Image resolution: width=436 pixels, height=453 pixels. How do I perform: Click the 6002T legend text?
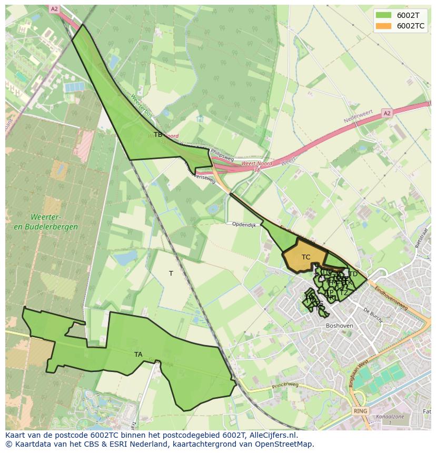click(x=408, y=15)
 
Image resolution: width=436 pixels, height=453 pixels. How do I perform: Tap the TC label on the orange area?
click(x=306, y=257)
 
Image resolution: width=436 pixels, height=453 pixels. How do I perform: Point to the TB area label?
click(x=158, y=135)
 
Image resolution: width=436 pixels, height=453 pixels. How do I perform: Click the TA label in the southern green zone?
click(x=138, y=355)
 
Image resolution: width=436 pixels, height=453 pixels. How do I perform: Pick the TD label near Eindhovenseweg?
click(x=353, y=274)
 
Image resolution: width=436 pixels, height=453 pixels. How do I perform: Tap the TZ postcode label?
click(x=343, y=293)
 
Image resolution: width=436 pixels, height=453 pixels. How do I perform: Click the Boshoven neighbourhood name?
click(x=340, y=326)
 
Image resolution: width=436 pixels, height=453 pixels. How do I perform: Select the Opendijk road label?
click(x=244, y=225)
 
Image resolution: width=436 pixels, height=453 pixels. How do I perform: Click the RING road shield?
click(x=360, y=411)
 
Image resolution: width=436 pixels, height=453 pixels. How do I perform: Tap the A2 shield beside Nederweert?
click(x=387, y=113)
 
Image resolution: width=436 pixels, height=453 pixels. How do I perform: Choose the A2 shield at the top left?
click(x=54, y=9)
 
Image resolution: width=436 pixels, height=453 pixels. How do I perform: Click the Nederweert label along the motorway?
click(x=358, y=117)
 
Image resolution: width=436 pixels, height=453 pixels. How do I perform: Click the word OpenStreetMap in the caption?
click(x=283, y=444)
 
